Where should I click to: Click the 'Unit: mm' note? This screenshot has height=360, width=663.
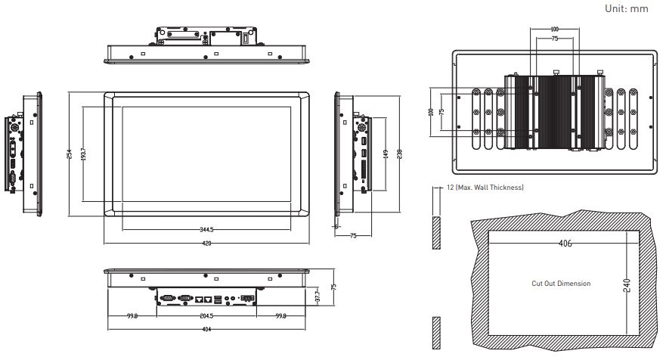pyautogui.click(x=626, y=8)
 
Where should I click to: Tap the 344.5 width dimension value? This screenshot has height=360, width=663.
pyautogui.click(x=207, y=230)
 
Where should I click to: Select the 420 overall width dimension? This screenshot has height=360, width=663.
pyautogui.click(x=207, y=244)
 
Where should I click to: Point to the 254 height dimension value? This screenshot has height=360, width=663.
pyautogui.click(x=70, y=154)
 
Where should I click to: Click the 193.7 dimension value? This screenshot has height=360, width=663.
pyautogui.click(x=83, y=154)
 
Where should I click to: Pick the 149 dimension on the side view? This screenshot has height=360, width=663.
pyautogui.click(x=386, y=154)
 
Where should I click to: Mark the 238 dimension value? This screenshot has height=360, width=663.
pyautogui.click(x=400, y=154)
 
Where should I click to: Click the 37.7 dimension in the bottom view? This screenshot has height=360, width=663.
pyautogui.click(x=318, y=296)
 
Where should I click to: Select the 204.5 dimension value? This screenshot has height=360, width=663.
pyautogui.click(x=207, y=316)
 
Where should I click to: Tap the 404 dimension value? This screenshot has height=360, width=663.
pyautogui.click(x=207, y=329)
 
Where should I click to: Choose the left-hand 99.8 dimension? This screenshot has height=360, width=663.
pyautogui.click(x=132, y=316)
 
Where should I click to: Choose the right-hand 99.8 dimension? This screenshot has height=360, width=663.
pyautogui.click(x=280, y=316)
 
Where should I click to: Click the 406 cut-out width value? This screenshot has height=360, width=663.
pyautogui.click(x=565, y=244)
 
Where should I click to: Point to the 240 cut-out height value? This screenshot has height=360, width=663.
pyautogui.click(x=627, y=286)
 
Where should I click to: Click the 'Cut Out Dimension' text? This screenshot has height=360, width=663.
pyautogui.click(x=561, y=284)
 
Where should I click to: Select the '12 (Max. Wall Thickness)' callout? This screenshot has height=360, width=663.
pyautogui.click(x=485, y=188)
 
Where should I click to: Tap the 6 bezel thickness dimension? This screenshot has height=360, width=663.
pyautogui.click(x=336, y=227)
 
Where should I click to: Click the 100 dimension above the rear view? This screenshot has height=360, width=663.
pyautogui.click(x=555, y=29)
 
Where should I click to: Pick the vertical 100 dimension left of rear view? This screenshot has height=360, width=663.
pyautogui.click(x=431, y=112)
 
